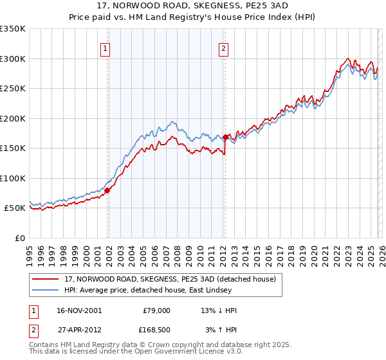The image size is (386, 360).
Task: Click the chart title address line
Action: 193,5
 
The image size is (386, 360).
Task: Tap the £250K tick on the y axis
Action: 13,89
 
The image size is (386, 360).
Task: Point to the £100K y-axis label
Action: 13,178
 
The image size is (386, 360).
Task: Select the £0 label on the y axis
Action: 19,238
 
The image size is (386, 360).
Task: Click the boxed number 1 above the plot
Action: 105,47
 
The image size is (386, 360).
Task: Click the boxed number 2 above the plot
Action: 223,47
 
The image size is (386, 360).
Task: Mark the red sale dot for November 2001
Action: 107,190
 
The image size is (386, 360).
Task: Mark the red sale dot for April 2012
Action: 226,137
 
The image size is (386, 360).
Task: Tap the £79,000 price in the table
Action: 155,310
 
